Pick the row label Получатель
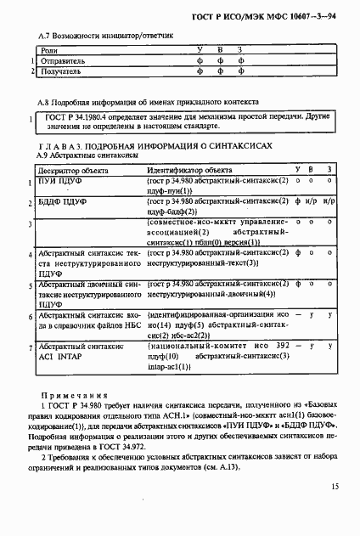pos(59,72)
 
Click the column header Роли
pos(50,49)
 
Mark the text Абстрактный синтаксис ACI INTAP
pos(82,353)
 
